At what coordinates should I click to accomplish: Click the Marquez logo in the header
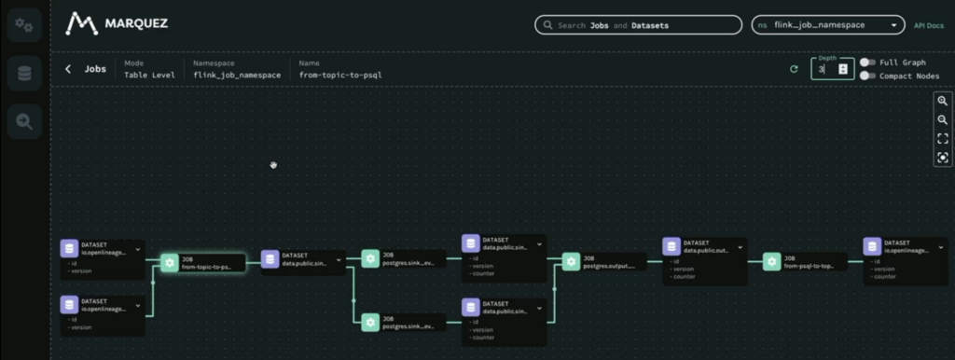click(x=118, y=23)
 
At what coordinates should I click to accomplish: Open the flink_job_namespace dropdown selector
click(x=828, y=25)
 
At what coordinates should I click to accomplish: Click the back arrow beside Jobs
click(x=68, y=69)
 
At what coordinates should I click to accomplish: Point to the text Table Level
click(x=149, y=75)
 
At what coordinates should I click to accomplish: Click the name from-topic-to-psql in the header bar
click(x=340, y=75)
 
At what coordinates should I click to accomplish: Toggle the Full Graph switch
click(x=868, y=62)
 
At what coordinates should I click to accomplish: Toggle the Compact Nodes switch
click(x=868, y=76)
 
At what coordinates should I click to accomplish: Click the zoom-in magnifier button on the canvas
click(x=942, y=101)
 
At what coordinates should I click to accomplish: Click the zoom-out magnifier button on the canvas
click(x=942, y=119)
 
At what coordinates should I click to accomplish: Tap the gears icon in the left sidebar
click(x=23, y=25)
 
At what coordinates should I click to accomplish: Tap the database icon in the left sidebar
click(x=23, y=73)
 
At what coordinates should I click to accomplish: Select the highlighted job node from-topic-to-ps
click(x=201, y=262)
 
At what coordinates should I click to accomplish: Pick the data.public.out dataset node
click(x=704, y=251)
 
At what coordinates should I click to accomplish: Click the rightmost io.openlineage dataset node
click(x=905, y=251)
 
